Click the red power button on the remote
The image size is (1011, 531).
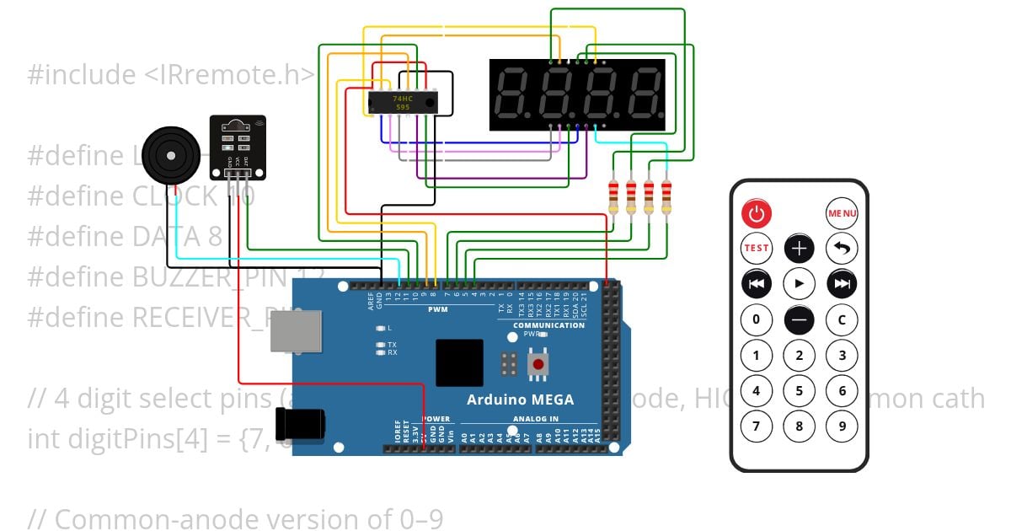[x=757, y=213]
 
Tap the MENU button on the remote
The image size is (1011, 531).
[x=842, y=213]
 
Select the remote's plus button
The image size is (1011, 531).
[x=800, y=248]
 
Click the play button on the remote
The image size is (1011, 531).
[x=800, y=283]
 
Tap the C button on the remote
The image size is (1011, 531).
[x=842, y=319]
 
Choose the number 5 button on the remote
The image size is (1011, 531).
[x=800, y=390]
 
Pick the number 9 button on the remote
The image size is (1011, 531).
[x=842, y=426]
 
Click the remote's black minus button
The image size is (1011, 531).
[x=800, y=319]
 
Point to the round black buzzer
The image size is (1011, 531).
[x=171, y=155]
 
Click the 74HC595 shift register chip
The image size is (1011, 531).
[x=403, y=103]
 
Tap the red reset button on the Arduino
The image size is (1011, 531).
[x=537, y=364]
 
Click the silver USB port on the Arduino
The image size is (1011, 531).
[x=296, y=330]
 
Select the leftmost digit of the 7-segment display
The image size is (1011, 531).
[x=513, y=94]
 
